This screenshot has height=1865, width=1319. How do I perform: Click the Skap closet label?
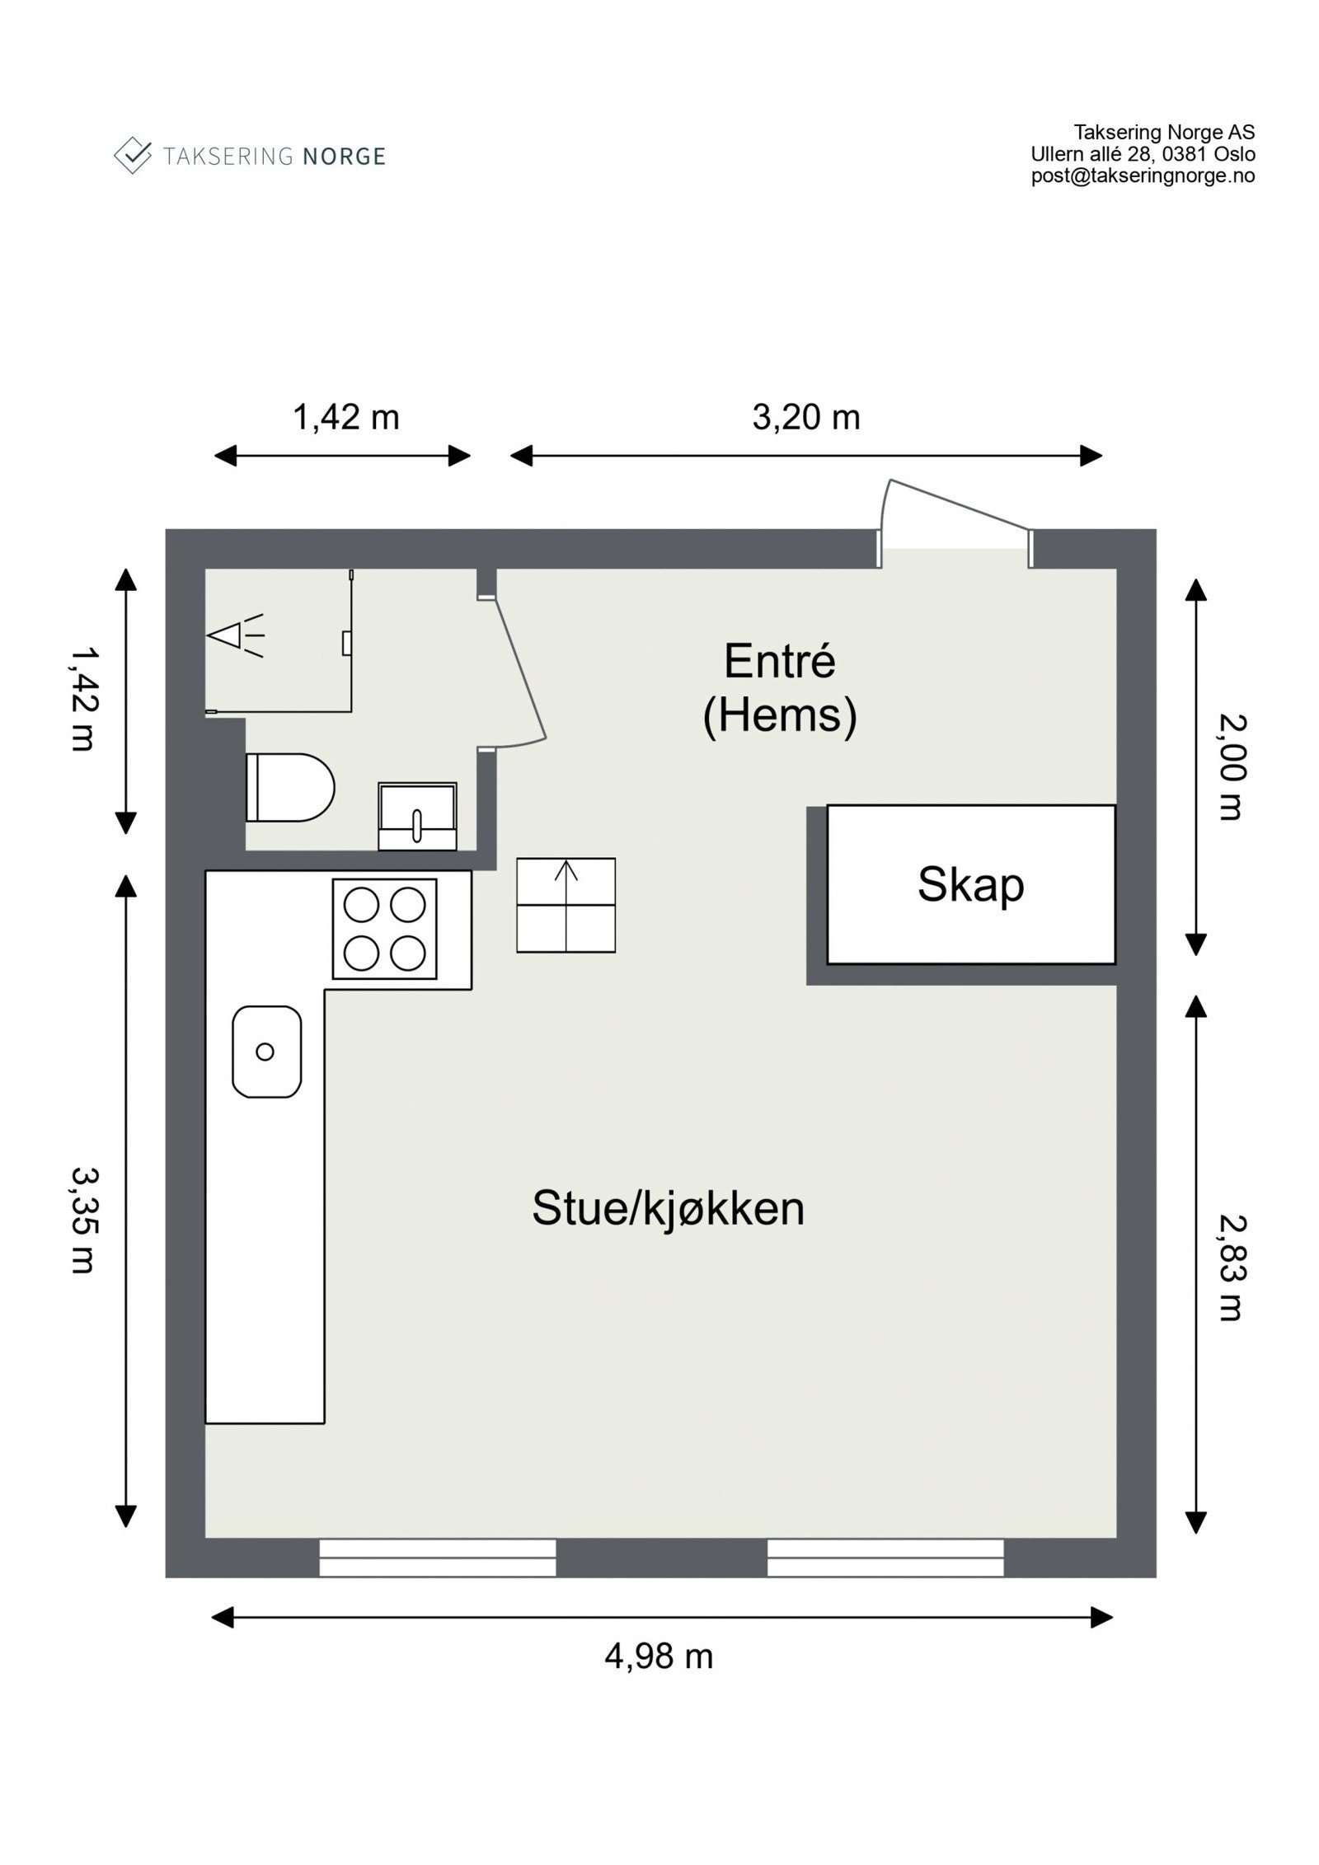click(969, 885)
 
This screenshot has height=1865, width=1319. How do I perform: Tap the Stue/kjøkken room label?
click(667, 1208)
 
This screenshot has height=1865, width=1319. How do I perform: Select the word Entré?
click(779, 661)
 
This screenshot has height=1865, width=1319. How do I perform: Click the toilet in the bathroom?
click(289, 787)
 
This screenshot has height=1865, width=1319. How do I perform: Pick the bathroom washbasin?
click(417, 816)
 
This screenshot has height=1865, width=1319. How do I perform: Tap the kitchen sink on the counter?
click(266, 1051)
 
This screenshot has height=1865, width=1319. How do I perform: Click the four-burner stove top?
click(384, 929)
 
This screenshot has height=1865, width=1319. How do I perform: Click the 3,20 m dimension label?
click(805, 418)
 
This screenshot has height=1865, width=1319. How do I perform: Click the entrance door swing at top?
click(948, 515)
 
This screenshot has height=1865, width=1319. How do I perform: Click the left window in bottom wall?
click(437, 1557)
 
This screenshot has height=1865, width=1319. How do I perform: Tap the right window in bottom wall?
click(885, 1557)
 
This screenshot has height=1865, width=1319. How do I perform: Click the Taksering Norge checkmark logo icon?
click(132, 155)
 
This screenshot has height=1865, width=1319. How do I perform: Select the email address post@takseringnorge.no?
click(1142, 176)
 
